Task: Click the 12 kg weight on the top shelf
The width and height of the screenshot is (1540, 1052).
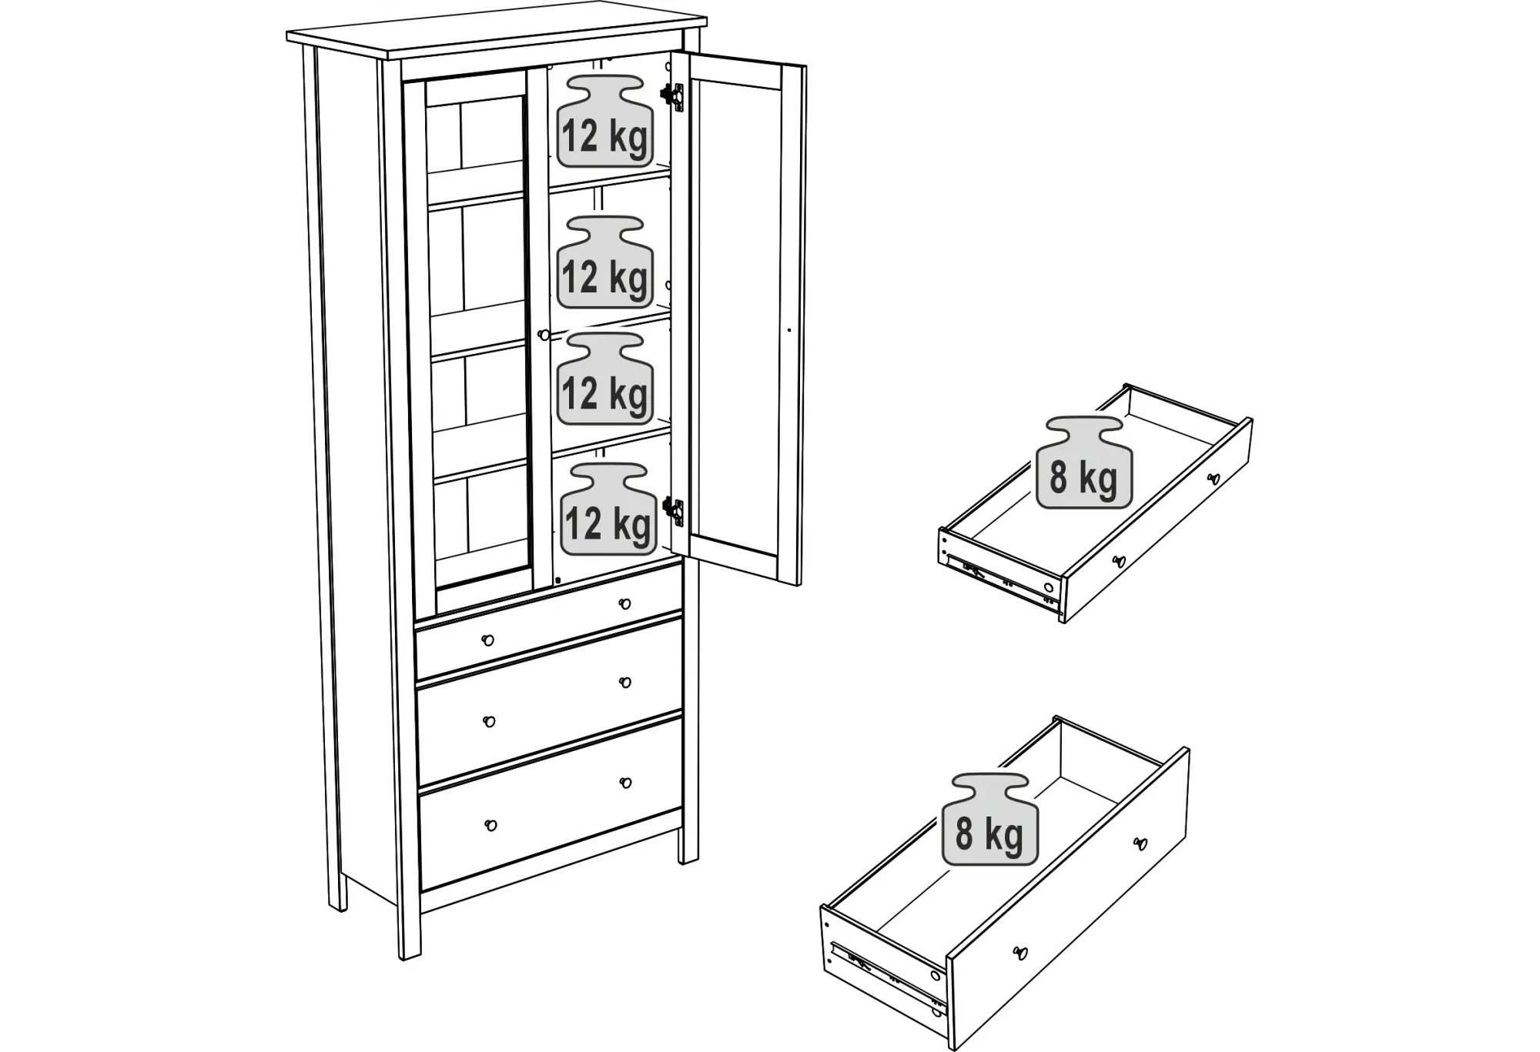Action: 605,121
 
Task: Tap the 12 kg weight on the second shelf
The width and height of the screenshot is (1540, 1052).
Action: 605,262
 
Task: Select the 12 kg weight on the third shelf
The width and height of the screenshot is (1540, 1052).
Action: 605,379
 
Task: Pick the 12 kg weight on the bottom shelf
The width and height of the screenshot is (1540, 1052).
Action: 608,509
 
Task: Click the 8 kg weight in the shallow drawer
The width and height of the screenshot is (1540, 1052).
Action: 1084,463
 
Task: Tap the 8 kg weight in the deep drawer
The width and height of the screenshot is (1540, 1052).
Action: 990,819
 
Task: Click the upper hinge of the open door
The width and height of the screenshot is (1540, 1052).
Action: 672,95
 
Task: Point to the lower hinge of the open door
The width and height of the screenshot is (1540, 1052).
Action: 673,511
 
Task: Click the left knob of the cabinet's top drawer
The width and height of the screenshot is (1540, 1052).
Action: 487,640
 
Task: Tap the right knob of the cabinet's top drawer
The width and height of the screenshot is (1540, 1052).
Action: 624,604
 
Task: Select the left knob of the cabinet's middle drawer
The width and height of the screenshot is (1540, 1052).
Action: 489,721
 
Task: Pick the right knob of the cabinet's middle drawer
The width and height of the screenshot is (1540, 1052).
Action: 625,682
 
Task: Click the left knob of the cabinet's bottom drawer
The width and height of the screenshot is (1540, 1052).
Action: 490,825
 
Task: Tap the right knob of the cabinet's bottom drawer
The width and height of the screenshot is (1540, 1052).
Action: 626,783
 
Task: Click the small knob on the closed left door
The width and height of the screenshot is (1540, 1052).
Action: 544,335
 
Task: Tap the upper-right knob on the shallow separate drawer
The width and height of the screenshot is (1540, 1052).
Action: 1214,479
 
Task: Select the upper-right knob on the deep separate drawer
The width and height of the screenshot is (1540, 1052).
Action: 1140,843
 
